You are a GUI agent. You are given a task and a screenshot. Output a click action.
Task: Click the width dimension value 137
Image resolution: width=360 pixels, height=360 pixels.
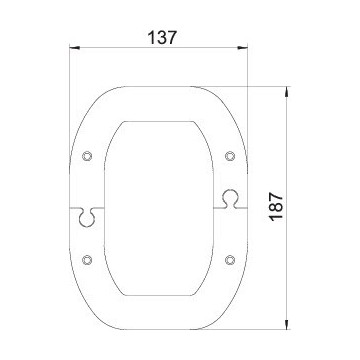click(161, 37)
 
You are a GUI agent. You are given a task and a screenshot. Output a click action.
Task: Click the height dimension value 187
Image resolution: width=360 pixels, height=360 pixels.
click(277, 207)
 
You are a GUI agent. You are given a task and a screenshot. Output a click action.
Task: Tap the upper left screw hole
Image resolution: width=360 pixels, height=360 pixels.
click(87, 156)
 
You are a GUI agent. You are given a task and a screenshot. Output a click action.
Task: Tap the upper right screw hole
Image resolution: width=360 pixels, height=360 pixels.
click(230, 156)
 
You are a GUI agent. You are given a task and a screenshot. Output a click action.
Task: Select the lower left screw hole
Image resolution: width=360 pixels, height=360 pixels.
click(87, 259)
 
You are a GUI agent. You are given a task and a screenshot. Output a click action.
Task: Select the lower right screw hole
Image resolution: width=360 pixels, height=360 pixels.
click(230, 259)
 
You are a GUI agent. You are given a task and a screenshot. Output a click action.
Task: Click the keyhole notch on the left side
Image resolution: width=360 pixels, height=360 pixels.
click(87, 217)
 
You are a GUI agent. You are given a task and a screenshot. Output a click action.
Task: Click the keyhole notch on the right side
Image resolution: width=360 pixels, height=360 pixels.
click(230, 199)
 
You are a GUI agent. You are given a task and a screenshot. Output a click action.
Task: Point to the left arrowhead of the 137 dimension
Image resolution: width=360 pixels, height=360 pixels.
click(74, 48)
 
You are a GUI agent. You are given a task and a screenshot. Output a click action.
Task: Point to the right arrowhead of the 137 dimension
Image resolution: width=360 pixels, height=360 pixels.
click(243, 48)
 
